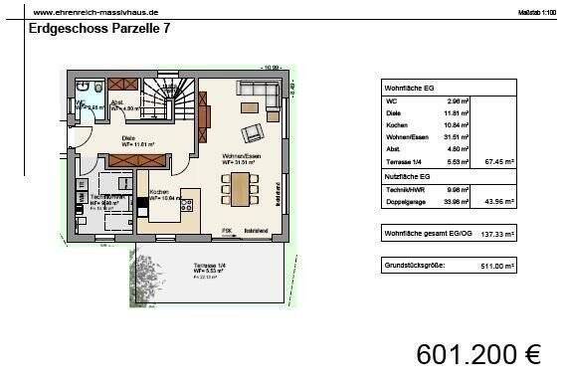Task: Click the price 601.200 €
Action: click(478, 354)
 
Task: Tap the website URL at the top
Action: click(95, 11)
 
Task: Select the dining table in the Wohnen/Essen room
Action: click(239, 186)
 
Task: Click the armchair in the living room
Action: click(253, 131)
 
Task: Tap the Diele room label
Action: click(128, 138)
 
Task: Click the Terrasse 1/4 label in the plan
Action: click(210, 265)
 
